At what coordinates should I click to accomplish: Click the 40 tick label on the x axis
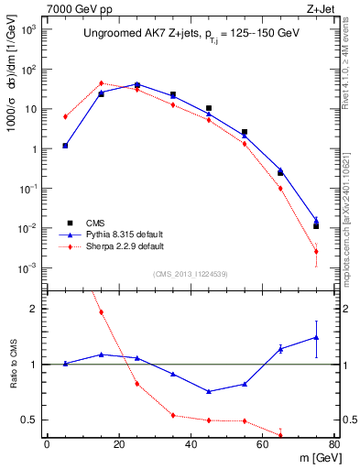[191, 445]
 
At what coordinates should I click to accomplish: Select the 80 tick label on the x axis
[334, 445]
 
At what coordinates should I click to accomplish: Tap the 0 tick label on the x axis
[47, 445]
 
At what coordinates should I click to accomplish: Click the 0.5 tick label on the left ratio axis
[29, 420]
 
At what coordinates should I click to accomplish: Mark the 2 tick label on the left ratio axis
[35, 309]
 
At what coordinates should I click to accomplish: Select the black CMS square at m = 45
[209, 109]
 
